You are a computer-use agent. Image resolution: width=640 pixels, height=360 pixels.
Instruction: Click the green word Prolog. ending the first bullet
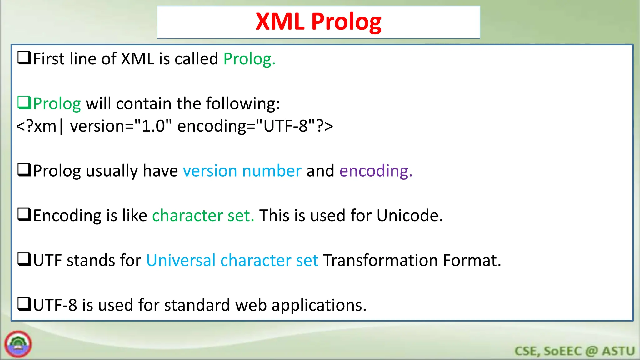pyautogui.click(x=249, y=59)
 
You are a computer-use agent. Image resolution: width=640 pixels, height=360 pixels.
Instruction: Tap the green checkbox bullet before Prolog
pyautogui.click(x=24, y=102)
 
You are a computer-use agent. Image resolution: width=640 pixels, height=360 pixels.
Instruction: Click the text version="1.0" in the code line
pyautogui.click(x=121, y=126)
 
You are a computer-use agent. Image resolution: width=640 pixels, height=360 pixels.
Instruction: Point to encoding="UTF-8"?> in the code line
pyautogui.click(x=255, y=126)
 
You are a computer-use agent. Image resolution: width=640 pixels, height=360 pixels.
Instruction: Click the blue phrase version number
pyautogui.click(x=242, y=171)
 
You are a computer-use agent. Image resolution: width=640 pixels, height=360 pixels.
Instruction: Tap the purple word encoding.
pyautogui.click(x=376, y=171)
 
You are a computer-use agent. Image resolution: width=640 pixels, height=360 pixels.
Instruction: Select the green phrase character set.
pyautogui.click(x=203, y=216)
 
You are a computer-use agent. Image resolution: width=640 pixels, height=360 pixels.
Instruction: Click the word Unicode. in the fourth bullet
pyautogui.click(x=410, y=216)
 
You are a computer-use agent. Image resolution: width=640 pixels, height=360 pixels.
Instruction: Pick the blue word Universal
pyautogui.click(x=181, y=260)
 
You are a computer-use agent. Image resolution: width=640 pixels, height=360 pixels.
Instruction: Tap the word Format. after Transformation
pyautogui.click(x=472, y=260)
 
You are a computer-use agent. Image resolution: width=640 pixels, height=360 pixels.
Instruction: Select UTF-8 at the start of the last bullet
pyautogui.click(x=55, y=305)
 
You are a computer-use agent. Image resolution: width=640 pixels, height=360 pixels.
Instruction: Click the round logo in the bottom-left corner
pyautogui.click(x=18, y=344)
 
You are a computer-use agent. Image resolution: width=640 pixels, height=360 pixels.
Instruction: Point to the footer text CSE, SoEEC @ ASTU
pyautogui.click(x=574, y=351)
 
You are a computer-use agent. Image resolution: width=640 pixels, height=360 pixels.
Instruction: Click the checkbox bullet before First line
pyautogui.click(x=24, y=58)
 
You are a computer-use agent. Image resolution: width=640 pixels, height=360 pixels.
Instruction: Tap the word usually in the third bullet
pyautogui.click(x=112, y=171)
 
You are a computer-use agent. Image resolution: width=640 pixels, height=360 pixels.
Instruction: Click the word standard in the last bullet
pyautogui.click(x=197, y=305)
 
